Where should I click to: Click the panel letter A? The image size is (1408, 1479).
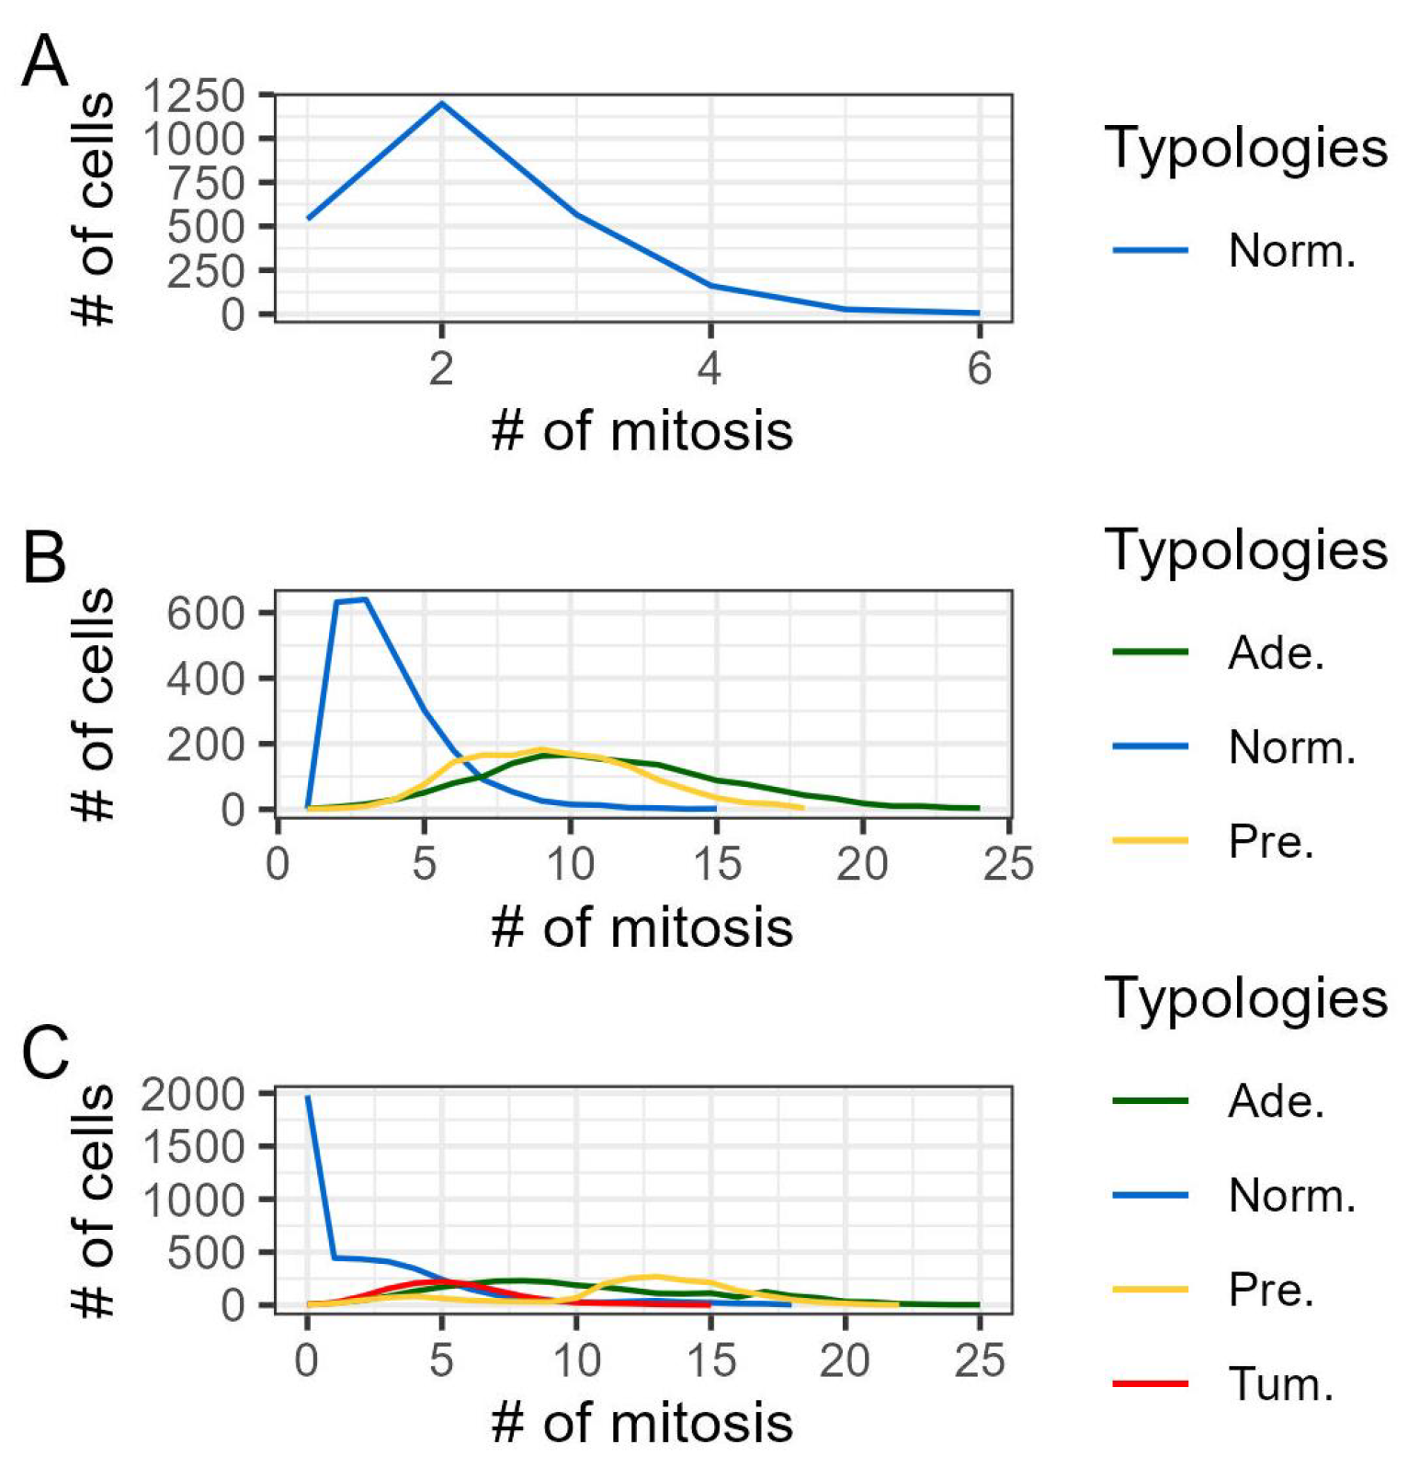[x=44, y=63]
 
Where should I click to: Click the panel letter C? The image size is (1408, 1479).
[x=44, y=1053]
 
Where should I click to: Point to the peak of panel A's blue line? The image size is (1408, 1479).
[x=442, y=103]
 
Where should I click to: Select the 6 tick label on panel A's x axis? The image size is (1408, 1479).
[x=979, y=370]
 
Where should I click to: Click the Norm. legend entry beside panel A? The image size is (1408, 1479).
[x=1291, y=250]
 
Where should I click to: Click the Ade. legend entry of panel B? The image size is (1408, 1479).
[x=1276, y=653]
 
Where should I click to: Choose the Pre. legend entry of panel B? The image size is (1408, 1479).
[x=1271, y=841]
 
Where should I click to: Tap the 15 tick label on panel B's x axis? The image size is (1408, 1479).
[x=717, y=864]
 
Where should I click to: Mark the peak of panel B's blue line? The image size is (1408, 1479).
[x=366, y=599]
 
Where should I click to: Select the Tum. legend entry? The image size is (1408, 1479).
[x=1280, y=1383]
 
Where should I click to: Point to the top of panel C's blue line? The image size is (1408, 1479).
[x=308, y=1097]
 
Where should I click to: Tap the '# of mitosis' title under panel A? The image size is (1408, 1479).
[x=642, y=431]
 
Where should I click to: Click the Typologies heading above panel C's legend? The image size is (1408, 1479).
[x=1245, y=997]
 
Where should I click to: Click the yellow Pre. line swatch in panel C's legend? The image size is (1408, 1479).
[x=1150, y=1290]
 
